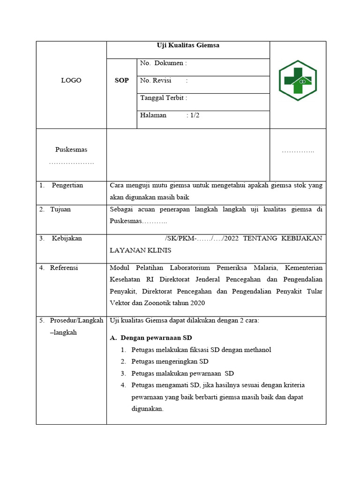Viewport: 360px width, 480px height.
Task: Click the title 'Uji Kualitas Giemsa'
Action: click(x=188, y=45)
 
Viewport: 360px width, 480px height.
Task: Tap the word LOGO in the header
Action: click(x=71, y=81)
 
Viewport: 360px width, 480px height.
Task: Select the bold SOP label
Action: click(x=122, y=81)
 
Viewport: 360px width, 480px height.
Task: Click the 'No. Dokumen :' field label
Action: click(x=164, y=63)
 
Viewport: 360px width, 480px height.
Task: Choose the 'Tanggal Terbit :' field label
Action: click(x=164, y=98)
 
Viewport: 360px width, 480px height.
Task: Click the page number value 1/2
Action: click(x=195, y=115)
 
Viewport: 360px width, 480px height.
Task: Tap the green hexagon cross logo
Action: click(x=298, y=80)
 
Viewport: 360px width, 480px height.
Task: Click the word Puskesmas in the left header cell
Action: click(x=71, y=150)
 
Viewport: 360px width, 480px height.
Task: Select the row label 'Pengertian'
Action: click(x=67, y=185)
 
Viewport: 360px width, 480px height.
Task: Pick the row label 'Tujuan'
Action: click(x=60, y=209)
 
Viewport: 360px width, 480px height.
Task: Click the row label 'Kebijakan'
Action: click(x=67, y=238)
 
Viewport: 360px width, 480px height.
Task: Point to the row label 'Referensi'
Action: click(x=64, y=268)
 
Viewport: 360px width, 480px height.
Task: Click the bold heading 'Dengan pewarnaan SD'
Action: click(x=156, y=338)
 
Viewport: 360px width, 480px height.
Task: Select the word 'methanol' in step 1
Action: click(x=257, y=350)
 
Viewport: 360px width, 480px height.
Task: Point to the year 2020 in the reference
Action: click(x=196, y=303)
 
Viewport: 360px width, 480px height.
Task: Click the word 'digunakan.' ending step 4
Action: click(x=147, y=408)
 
